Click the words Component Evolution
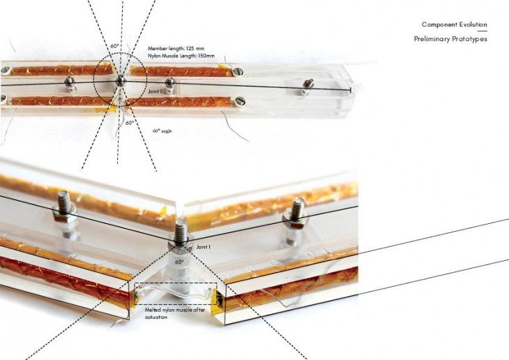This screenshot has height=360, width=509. [455, 24]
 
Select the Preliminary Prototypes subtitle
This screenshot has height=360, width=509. [450, 39]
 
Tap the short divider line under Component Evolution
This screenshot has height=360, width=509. [483, 31]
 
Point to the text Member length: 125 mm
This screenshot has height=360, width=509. [176, 48]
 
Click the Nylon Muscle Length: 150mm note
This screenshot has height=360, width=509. [181, 56]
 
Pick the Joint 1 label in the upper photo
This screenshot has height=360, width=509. [155, 91]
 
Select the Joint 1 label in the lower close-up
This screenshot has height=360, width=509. [203, 247]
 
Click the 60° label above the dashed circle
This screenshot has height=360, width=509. [114, 46]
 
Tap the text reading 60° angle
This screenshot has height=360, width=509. [162, 131]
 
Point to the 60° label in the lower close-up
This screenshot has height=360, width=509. [179, 262]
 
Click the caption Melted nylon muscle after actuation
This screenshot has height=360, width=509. [174, 313]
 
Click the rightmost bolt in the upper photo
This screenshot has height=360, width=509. [307, 87]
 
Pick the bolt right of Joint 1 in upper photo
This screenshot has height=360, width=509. [169, 84]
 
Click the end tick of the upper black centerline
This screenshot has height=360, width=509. [351, 90]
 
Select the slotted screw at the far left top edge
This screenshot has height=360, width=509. [6, 70]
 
